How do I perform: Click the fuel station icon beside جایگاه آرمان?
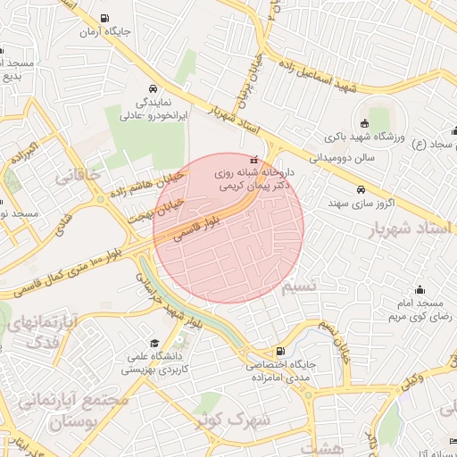[x=105, y=18]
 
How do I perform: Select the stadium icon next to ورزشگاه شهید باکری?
[x=364, y=124]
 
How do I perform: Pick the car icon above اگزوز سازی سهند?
[x=360, y=189]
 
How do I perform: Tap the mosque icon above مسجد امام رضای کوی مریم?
[x=420, y=290]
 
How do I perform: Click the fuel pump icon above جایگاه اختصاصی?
[x=281, y=351]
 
